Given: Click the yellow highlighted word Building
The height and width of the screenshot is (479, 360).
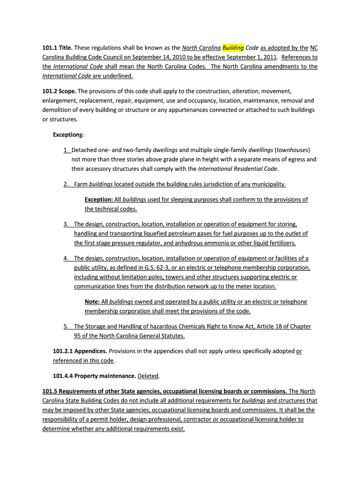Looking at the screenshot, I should pos(233,48).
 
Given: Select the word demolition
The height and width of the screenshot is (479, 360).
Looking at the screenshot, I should pos(58,110).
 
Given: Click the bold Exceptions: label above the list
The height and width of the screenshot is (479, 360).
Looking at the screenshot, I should pos(68,135).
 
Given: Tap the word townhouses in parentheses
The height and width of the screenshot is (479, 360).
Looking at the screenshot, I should pos(292,150).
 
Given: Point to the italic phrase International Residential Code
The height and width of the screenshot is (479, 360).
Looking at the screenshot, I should pos(238,169).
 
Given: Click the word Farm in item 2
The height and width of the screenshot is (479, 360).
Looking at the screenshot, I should pos(81,184).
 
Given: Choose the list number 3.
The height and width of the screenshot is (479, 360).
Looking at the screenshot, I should pos(66,225).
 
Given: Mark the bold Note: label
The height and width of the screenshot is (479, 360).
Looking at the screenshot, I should pos(92,302).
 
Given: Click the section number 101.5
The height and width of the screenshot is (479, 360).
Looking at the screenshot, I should pos(50,391).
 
